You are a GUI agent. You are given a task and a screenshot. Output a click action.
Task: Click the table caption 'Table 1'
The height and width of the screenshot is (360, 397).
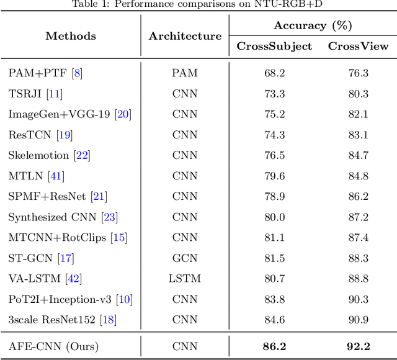click(x=198, y=4)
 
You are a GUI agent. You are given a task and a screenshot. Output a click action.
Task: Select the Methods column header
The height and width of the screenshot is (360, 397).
click(x=71, y=36)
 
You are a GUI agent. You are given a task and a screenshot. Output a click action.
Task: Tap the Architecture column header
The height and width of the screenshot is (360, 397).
click(x=185, y=36)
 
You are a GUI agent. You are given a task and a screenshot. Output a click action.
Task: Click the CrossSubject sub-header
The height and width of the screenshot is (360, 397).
click(x=274, y=47)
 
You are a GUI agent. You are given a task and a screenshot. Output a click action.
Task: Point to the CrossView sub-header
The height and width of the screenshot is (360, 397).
click(x=358, y=47)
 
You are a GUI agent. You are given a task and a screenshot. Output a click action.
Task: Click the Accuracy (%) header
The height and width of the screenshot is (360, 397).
click(x=313, y=25)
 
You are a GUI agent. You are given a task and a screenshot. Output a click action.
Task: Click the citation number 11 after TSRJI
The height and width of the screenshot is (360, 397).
click(x=56, y=94)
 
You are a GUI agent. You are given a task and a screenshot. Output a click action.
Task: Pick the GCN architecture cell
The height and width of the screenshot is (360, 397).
click(x=185, y=258)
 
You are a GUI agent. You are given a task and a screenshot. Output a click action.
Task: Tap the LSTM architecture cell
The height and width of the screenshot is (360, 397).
click(x=185, y=278)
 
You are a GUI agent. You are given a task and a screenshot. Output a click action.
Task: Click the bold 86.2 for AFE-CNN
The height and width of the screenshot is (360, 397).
click(x=274, y=346)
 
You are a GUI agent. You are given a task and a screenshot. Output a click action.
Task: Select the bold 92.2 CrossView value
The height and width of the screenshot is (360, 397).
click(x=358, y=346)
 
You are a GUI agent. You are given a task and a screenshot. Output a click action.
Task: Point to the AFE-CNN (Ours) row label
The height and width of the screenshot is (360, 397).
click(x=53, y=346)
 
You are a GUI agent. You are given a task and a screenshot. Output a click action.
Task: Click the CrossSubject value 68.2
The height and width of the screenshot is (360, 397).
click(x=274, y=73)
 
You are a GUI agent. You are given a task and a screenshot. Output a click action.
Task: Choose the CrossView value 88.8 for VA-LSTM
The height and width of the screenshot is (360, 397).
click(x=358, y=278)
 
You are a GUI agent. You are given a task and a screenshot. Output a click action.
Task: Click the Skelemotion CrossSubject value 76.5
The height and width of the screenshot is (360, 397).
click(x=274, y=155)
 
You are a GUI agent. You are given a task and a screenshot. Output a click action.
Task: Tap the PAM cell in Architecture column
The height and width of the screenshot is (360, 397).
click(x=185, y=73)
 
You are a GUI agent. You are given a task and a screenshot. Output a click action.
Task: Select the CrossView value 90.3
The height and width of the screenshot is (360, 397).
click(x=358, y=299)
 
